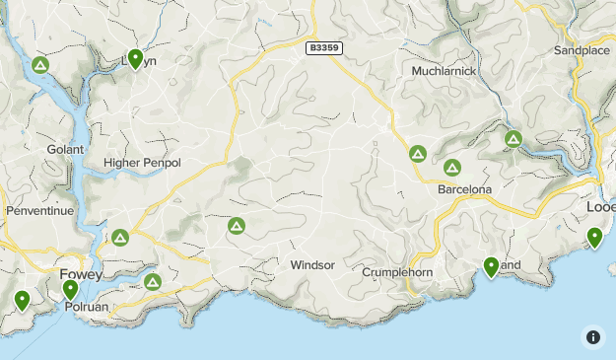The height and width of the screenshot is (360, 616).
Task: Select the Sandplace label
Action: (582, 49)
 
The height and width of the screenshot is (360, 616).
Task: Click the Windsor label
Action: (312, 265)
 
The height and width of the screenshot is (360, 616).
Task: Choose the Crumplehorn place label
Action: (398, 271)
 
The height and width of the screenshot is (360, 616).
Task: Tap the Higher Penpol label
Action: (142, 162)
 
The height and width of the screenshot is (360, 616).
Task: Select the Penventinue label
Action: (39, 211)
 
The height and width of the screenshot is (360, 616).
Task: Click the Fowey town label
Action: (81, 274)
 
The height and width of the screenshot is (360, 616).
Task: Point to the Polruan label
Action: (86, 307)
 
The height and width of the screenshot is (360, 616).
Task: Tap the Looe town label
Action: (600, 208)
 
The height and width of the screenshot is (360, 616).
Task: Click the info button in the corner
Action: (593, 336)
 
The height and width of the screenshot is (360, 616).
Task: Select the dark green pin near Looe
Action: (594, 237)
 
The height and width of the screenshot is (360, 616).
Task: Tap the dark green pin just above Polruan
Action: (70, 289)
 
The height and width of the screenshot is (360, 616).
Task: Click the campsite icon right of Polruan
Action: (153, 282)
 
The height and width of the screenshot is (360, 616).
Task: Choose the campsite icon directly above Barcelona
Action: (452, 168)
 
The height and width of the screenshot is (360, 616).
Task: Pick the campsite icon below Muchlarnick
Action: (417, 155)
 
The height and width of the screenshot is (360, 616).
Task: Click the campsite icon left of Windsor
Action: (237, 227)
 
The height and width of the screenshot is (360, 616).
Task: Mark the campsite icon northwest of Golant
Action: (40, 66)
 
